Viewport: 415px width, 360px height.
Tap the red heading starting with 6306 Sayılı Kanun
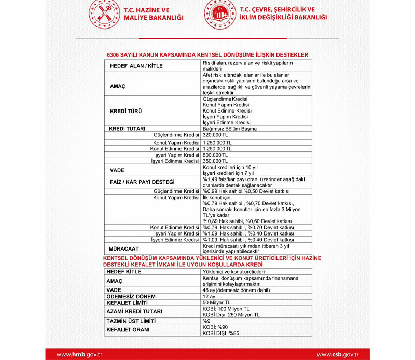pos(208,54)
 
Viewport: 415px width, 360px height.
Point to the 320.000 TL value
pos(215,135)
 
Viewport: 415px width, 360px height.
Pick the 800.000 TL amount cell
pos(215,155)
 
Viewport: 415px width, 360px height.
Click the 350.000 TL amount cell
pos(215,161)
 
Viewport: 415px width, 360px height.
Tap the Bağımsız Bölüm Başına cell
pos(230,128)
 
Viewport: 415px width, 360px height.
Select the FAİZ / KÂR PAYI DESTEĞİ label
pos(142,182)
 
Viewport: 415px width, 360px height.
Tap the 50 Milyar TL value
pos(217,302)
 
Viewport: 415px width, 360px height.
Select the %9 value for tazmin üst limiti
pos(206,321)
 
